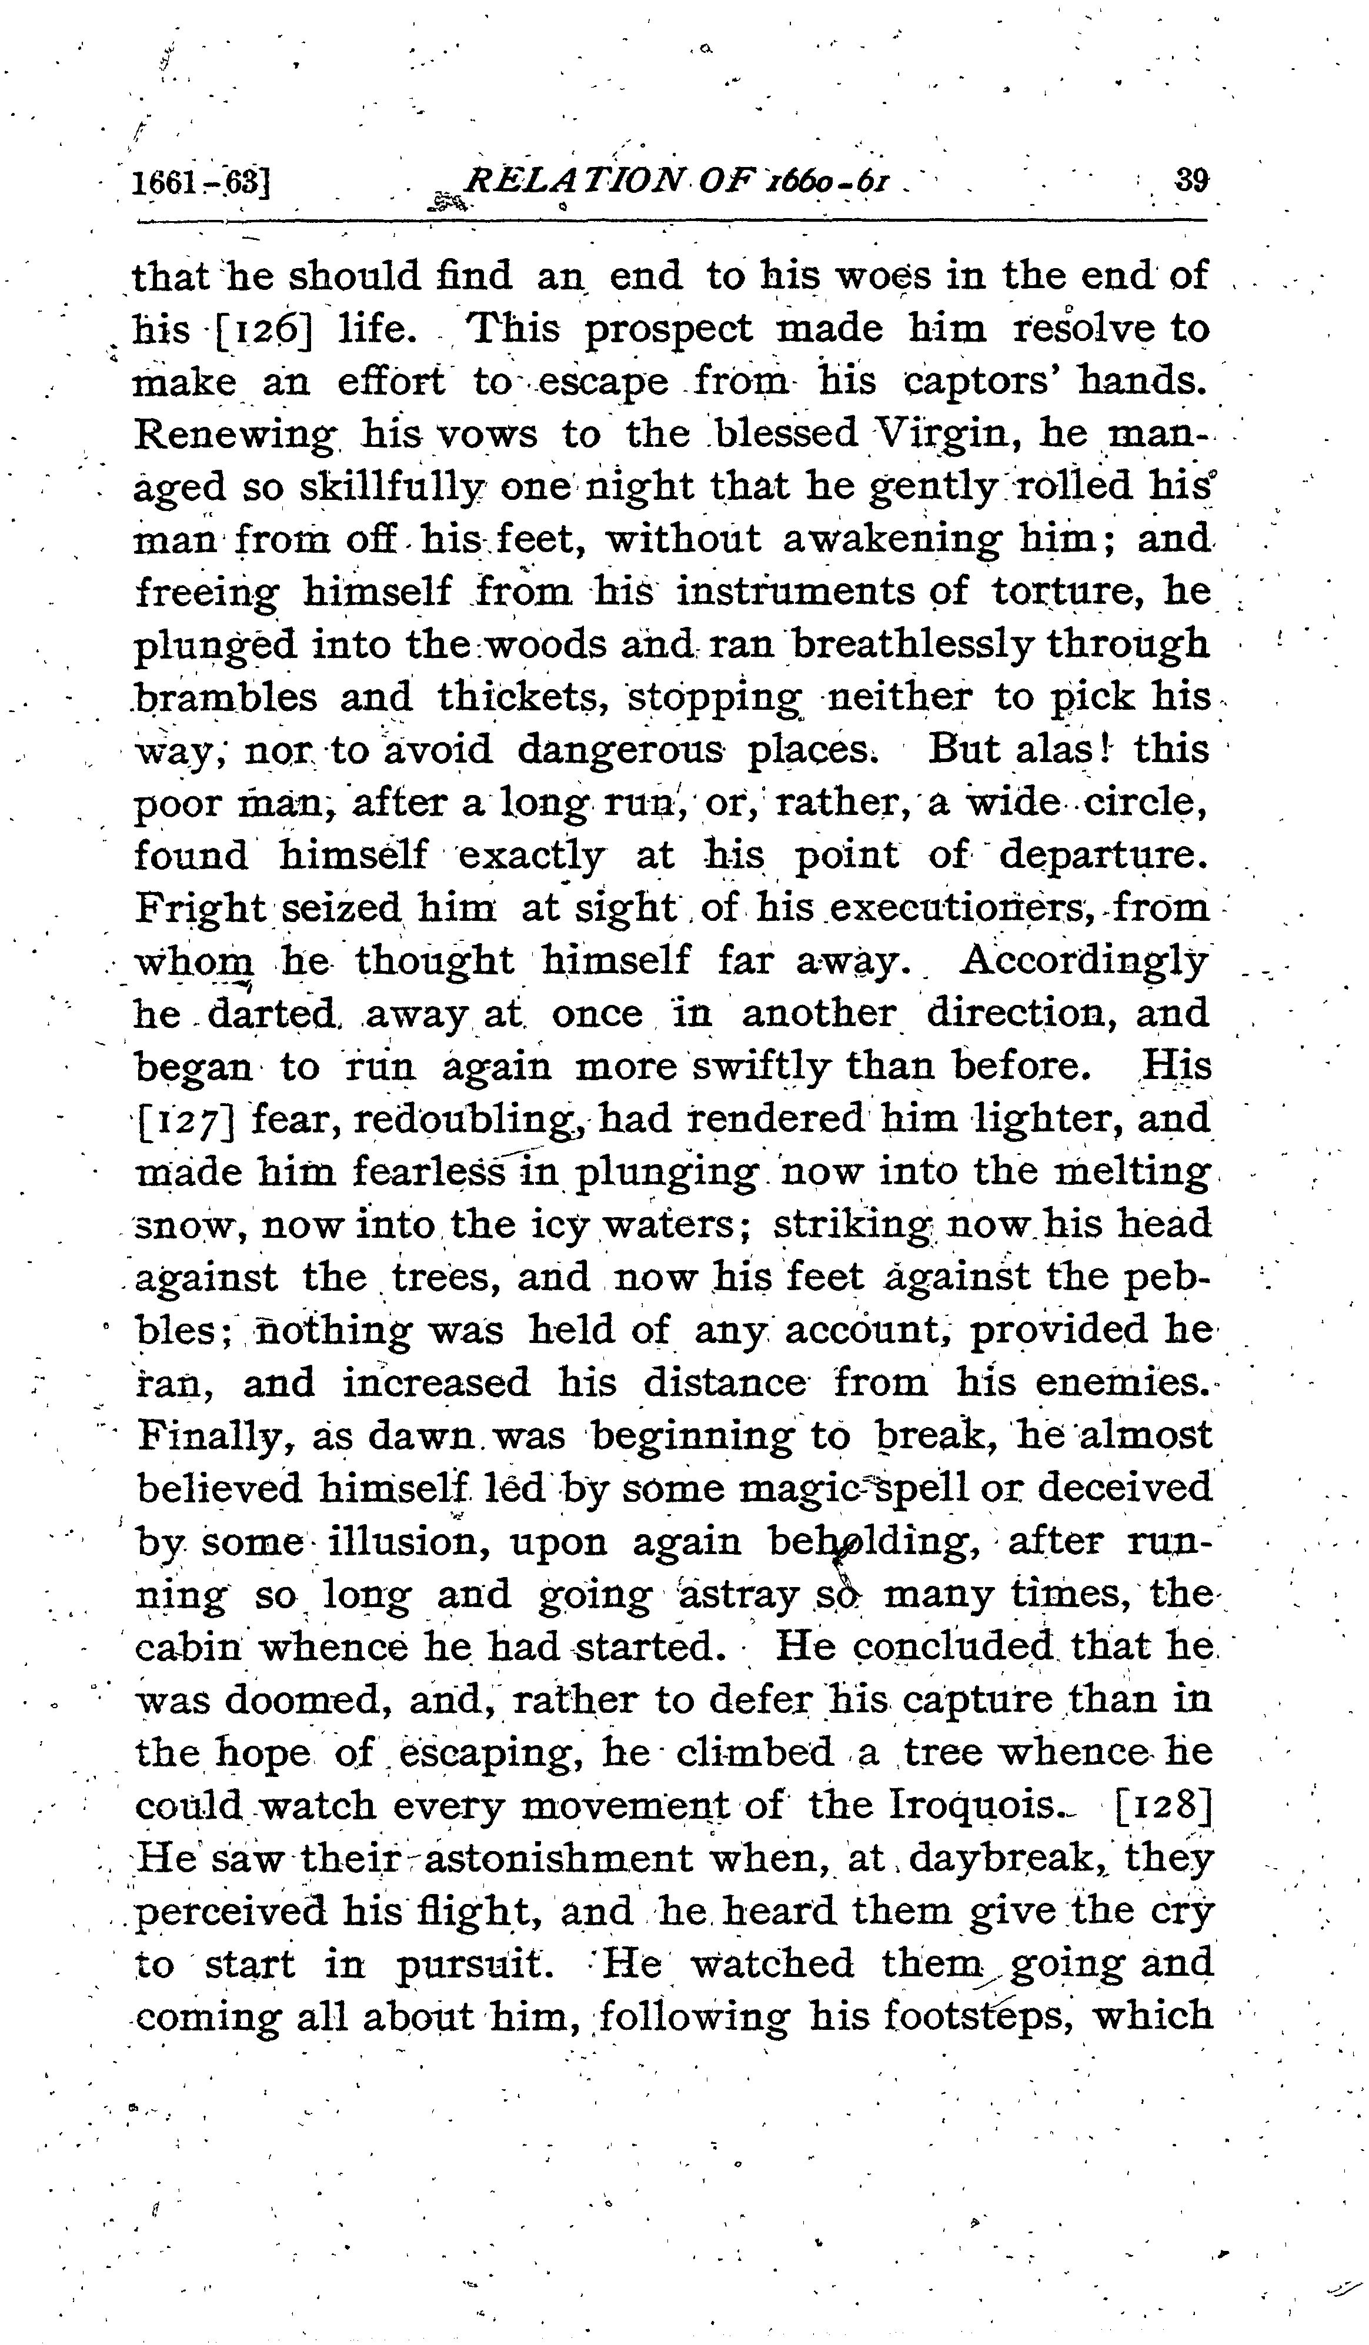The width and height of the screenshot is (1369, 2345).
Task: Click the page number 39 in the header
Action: pyautogui.click(x=1191, y=179)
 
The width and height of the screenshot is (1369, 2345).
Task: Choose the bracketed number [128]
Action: pyautogui.click(x=1163, y=1806)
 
